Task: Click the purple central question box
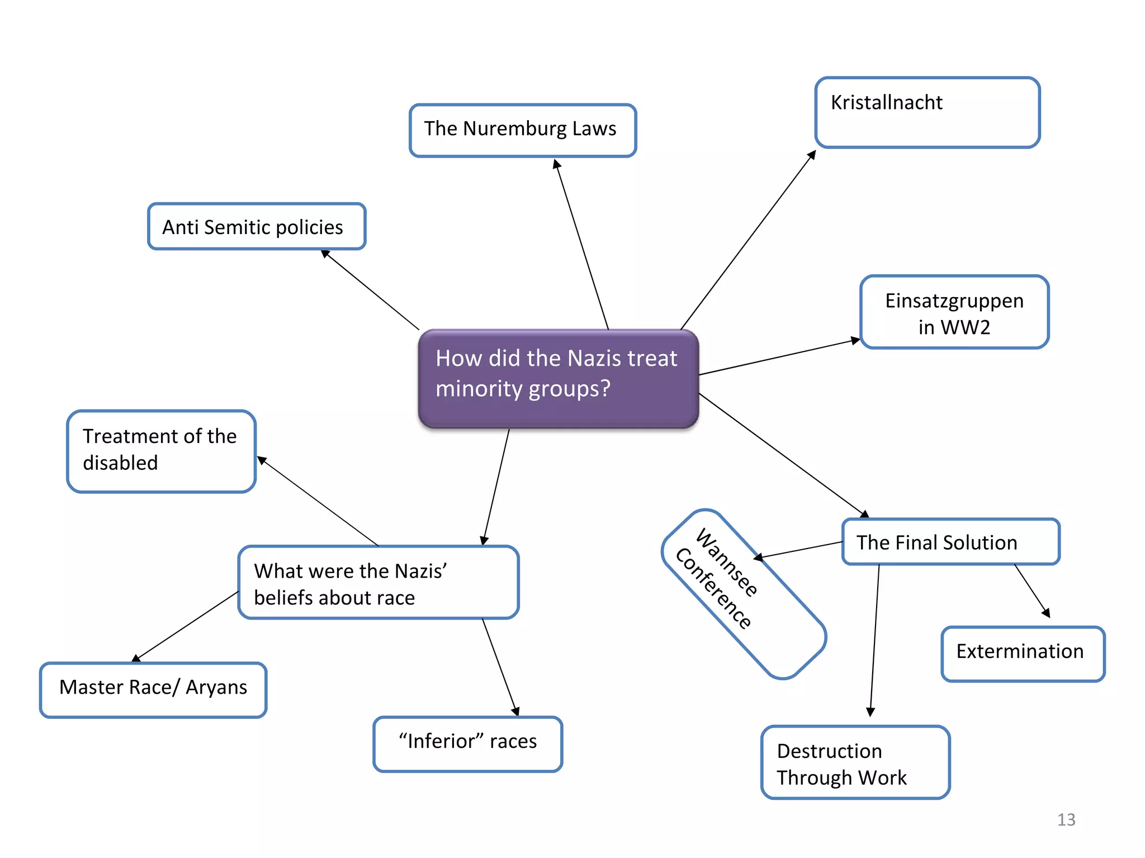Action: click(x=558, y=379)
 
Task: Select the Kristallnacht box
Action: click(x=927, y=112)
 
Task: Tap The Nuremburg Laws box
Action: click(x=522, y=130)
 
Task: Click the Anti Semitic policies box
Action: click(x=257, y=226)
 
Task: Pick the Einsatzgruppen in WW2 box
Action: click(x=954, y=312)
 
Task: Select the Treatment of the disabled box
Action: click(x=161, y=451)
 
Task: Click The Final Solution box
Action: click(x=950, y=542)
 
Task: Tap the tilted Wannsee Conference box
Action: click(x=743, y=594)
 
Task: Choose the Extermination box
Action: click(x=1023, y=654)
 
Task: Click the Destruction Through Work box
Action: click(x=855, y=762)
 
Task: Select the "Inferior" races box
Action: click(x=467, y=743)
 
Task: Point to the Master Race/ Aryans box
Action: click(x=153, y=689)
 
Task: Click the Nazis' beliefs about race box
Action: click(x=378, y=583)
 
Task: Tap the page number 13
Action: click(x=1066, y=819)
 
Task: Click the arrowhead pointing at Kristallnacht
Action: click(x=812, y=154)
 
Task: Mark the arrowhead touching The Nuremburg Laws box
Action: click(x=556, y=164)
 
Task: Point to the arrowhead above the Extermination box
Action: click(x=1046, y=613)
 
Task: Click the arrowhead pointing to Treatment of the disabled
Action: click(x=262, y=460)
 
